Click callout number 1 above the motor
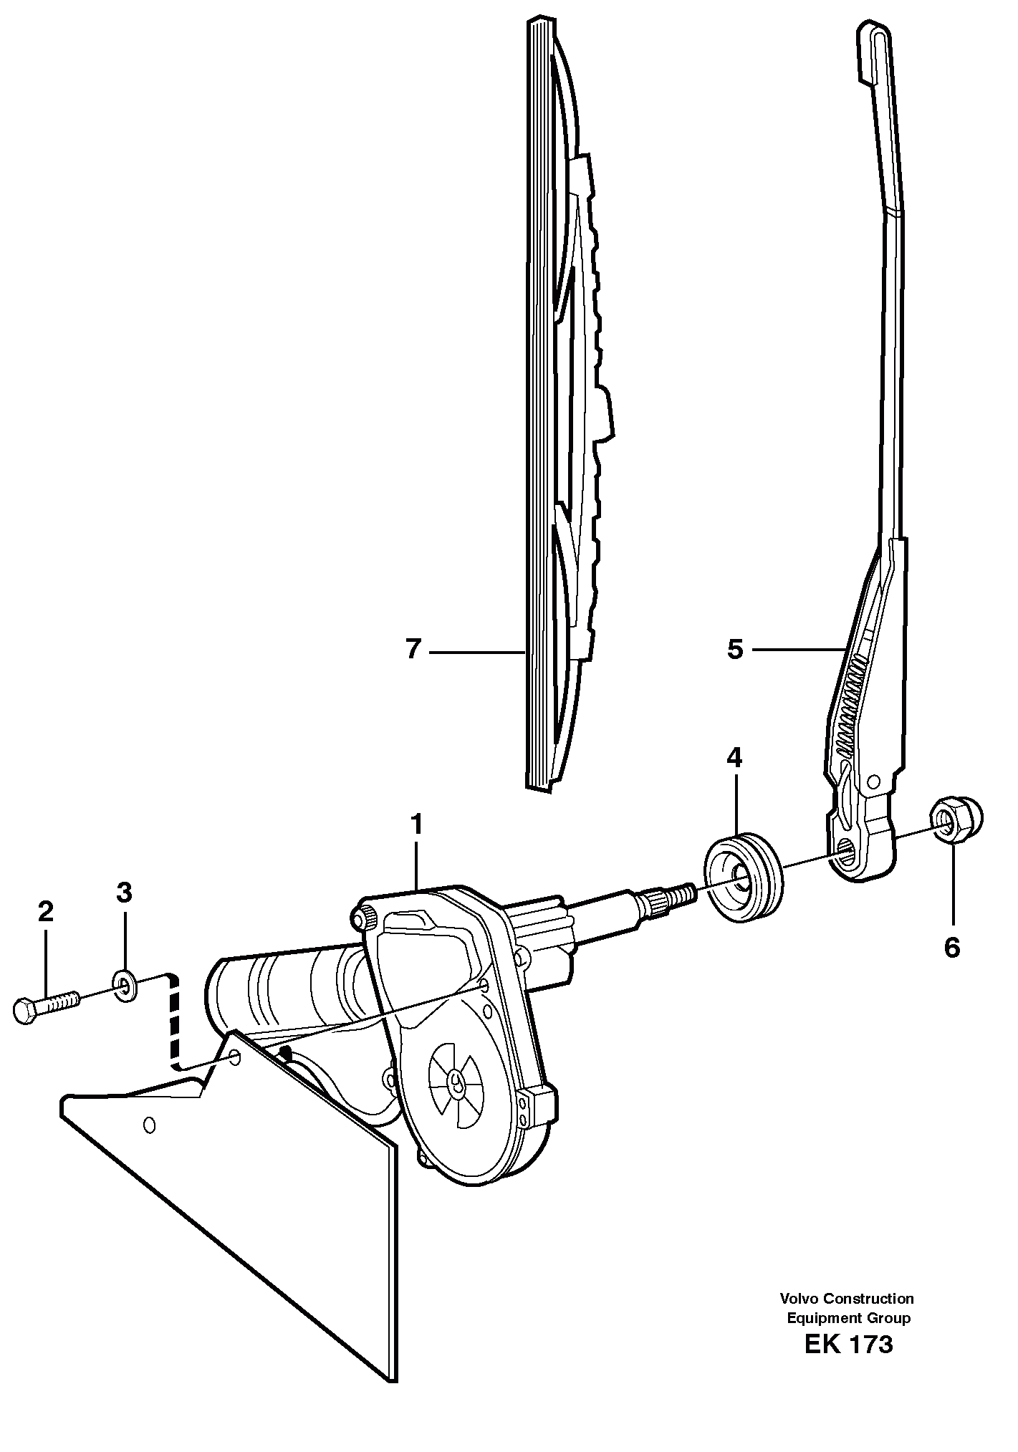coord(416,825)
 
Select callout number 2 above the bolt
coord(45,912)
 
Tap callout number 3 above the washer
coord(124,893)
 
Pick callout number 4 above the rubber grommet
coord(734,757)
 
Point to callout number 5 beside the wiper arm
coord(735,650)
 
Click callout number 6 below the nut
coord(951,948)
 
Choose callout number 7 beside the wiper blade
coord(412,650)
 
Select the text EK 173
coord(848,1364)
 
